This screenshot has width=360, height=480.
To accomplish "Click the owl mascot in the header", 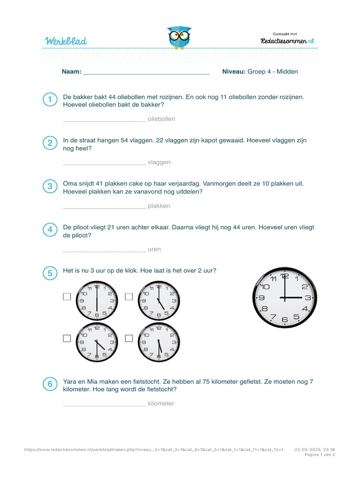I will tap(179, 37).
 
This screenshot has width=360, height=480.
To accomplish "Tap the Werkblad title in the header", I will tap(66, 41).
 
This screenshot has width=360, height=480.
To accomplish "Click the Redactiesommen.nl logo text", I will tap(287, 41).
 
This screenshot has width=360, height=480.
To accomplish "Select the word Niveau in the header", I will tap(233, 72).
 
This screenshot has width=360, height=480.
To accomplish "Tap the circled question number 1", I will tap(50, 100).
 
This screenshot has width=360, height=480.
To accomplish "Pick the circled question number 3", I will tap(50, 187).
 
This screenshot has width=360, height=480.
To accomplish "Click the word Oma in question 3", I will tap(70, 184).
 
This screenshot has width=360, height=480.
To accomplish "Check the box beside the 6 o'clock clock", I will tap(67, 297).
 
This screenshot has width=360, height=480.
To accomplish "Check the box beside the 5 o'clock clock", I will tap(129, 297).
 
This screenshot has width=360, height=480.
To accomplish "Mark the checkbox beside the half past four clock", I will tap(67, 338).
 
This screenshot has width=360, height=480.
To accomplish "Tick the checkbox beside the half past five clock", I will tap(129, 338).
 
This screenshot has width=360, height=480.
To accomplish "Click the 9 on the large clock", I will tap(262, 298).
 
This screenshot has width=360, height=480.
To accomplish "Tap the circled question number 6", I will tap(50, 385).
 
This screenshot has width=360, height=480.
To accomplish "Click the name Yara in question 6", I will tap(70, 382).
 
